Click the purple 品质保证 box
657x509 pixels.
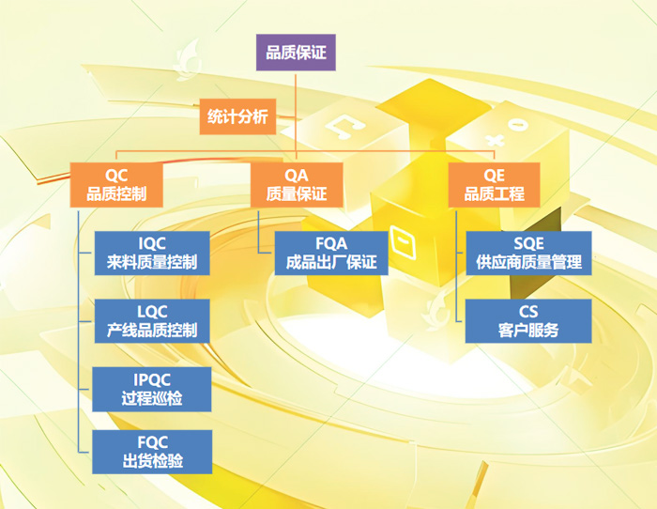coord(296,53)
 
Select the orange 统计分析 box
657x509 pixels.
coord(237,116)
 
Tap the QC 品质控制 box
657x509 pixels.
coord(116,185)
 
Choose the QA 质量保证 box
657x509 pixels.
coord(297,185)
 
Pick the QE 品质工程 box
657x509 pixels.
coord(494,185)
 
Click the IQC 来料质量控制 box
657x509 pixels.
coord(152,254)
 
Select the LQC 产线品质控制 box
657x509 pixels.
coord(152,321)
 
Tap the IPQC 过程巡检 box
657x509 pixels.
coord(152,390)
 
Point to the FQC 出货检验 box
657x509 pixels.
coord(152,452)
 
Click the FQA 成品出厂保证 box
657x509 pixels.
coord(331,254)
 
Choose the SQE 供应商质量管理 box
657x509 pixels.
coord(528,254)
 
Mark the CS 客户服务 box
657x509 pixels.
coord(528,321)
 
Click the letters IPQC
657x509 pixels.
coord(152,379)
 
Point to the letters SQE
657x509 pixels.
coord(528,243)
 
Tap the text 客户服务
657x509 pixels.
coord(528,331)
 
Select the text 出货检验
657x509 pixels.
coord(152,461)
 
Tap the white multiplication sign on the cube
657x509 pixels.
coord(496,140)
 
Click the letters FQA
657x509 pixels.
coord(331,243)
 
